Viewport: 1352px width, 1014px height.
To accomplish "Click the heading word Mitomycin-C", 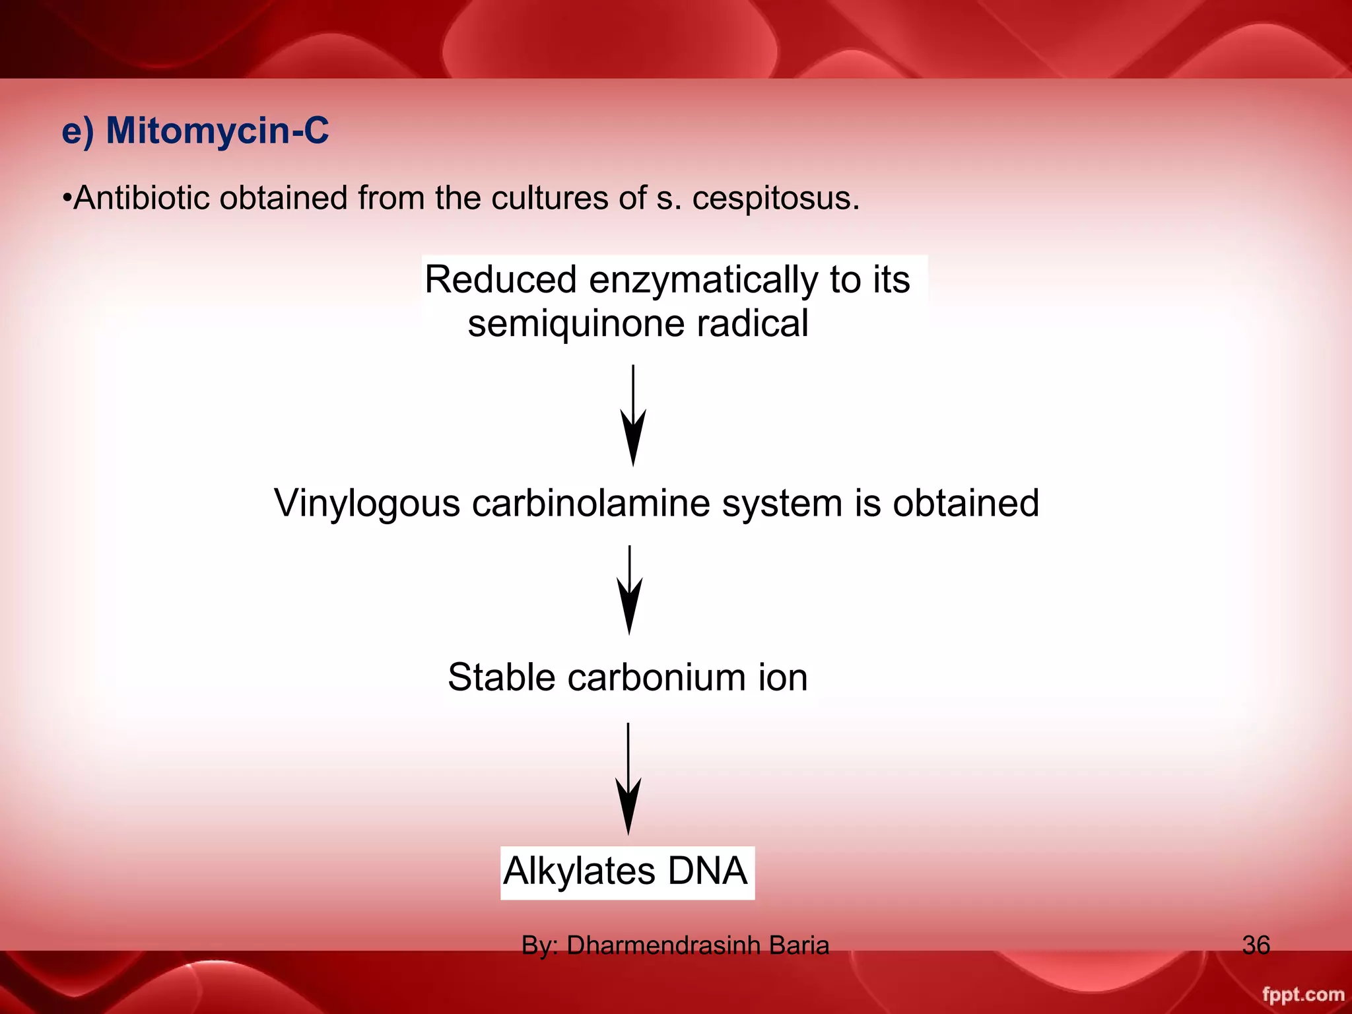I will pos(217,130).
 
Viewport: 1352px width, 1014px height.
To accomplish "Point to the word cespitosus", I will pos(775,198).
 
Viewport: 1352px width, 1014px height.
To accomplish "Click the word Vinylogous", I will pos(367,504).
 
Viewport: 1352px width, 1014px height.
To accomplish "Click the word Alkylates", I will pos(579,871).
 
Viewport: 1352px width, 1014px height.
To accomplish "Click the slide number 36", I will pos(1256,945).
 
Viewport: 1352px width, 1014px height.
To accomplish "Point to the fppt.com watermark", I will pos(1302,994).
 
